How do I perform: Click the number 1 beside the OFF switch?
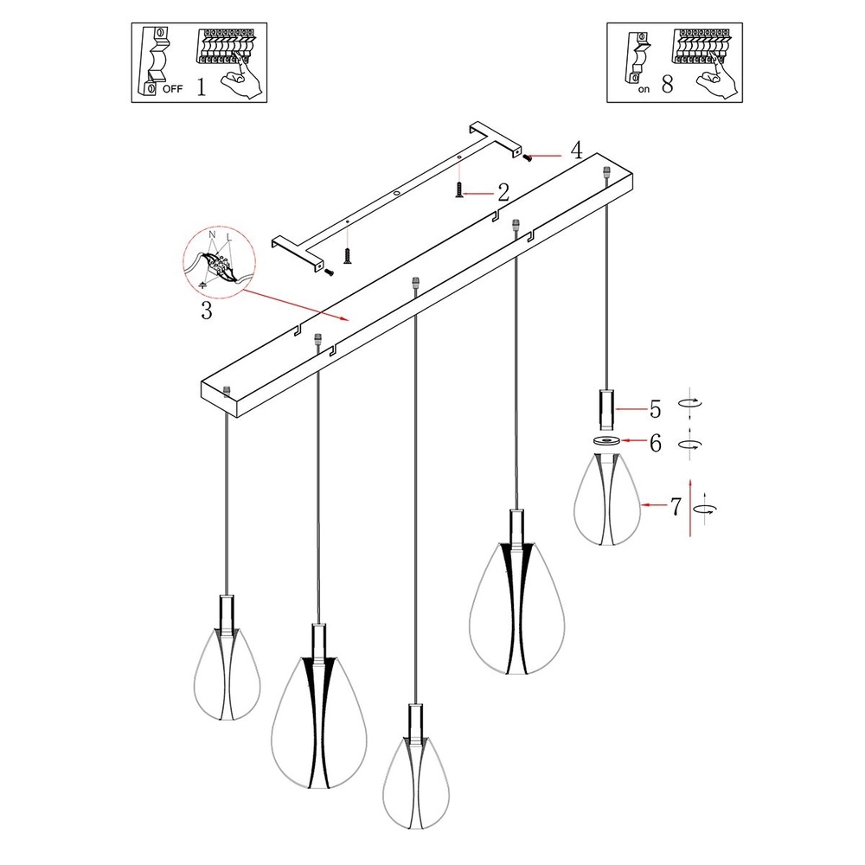coord(201,88)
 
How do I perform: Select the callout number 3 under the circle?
coord(206,311)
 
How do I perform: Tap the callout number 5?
coord(655,407)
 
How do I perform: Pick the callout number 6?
coord(655,444)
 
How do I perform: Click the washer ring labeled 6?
coord(606,442)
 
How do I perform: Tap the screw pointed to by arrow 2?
coord(458,191)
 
